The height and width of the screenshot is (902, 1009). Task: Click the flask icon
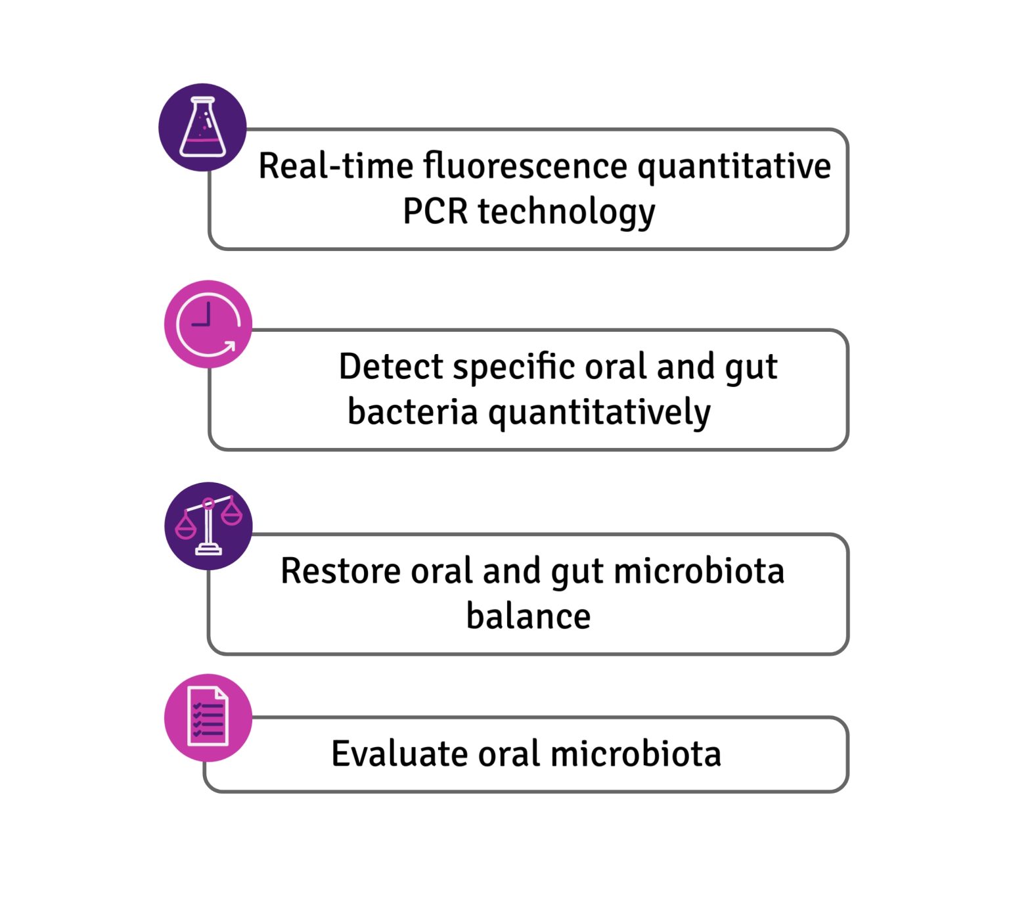click(202, 127)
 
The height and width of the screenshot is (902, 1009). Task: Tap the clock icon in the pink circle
click(208, 324)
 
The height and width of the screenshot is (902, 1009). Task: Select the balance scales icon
click(208, 526)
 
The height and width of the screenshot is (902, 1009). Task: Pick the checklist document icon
click(208, 717)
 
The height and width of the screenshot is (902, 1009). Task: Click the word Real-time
click(335, 166)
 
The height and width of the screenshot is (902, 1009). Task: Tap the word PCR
click(435, 212)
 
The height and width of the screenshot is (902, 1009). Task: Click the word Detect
click(390, 367)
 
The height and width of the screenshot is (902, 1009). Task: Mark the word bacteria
click(412, 413)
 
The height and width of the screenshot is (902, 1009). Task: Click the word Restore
click(340, 570)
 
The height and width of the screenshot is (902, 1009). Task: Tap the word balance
click(528, 616)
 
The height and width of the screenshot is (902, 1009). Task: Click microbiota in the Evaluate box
click(635, 754)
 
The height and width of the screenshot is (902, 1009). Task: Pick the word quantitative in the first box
click(734, 167)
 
